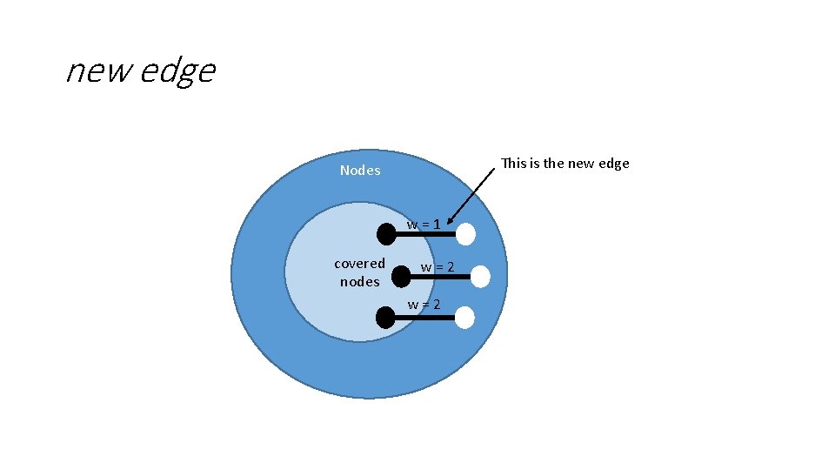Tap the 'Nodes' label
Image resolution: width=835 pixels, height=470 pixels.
pos(360,171)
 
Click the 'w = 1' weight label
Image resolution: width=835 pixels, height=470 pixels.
pos(424,225)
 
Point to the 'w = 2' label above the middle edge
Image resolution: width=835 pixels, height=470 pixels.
pos(438,267)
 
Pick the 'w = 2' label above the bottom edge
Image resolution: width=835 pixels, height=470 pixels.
pos(424,304)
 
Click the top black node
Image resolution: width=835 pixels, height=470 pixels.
pos(386,233)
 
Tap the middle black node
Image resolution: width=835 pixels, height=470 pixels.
pos(401,276)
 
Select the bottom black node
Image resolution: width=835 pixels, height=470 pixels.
pos(385,318)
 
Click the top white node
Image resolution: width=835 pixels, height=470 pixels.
pos(465,234)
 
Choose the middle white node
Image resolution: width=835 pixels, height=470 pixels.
pos(480,277)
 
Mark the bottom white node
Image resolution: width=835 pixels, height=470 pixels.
pos(465,318)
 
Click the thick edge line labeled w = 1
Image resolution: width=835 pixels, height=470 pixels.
pos(426,234)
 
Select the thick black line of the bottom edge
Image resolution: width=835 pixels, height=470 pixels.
pos(425,318)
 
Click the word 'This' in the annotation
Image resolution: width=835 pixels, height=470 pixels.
pos(515,163)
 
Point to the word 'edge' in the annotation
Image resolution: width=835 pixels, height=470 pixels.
pos(614,164)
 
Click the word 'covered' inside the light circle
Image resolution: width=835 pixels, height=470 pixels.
pos(359,263)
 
